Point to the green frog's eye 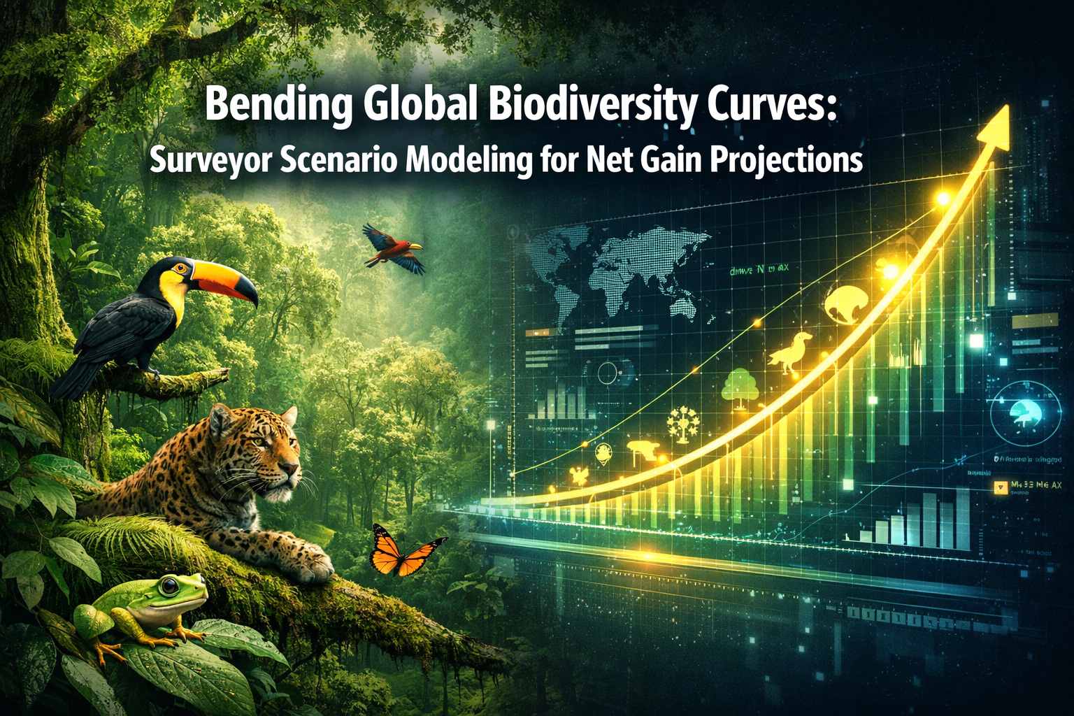pos(170,586)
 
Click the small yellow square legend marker pos(998,485)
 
